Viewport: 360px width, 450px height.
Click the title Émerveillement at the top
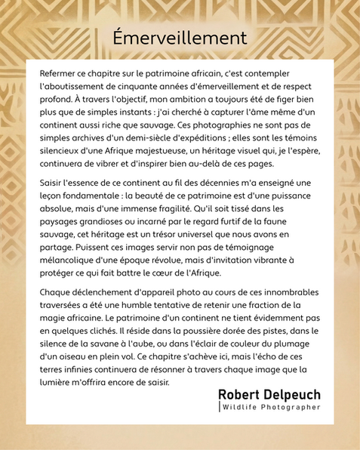[180, 37]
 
